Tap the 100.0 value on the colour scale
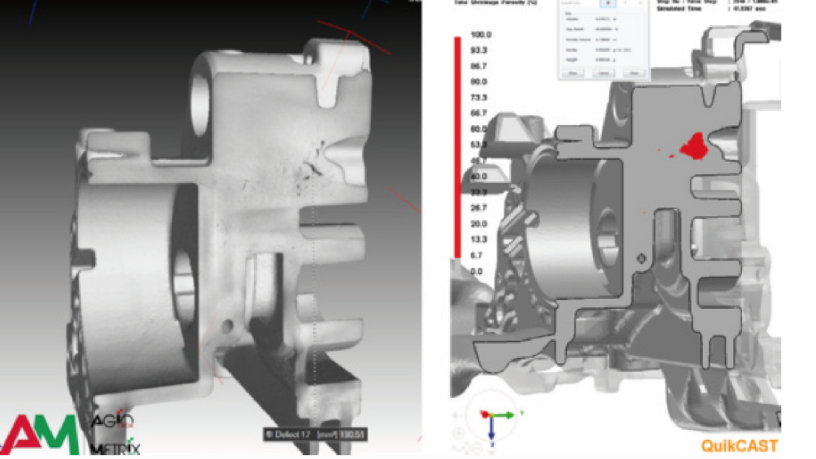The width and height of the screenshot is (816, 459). (x=481, y=35)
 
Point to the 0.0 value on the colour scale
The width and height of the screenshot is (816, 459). (x=477, y=271)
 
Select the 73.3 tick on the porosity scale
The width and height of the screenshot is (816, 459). (x=479, y=98)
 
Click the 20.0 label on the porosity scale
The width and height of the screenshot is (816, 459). (x=479, y=224)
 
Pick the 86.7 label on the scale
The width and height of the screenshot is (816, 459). (x=479, y=66)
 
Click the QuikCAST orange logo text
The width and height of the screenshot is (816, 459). (x=739, y=445)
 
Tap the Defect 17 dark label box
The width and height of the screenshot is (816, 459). (x=315, y=435)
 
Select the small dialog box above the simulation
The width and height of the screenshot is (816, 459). (x=603, y=40)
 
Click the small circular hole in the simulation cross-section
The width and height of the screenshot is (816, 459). (x=641, y=259)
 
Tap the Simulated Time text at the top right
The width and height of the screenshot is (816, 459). (x=679, y=8)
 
